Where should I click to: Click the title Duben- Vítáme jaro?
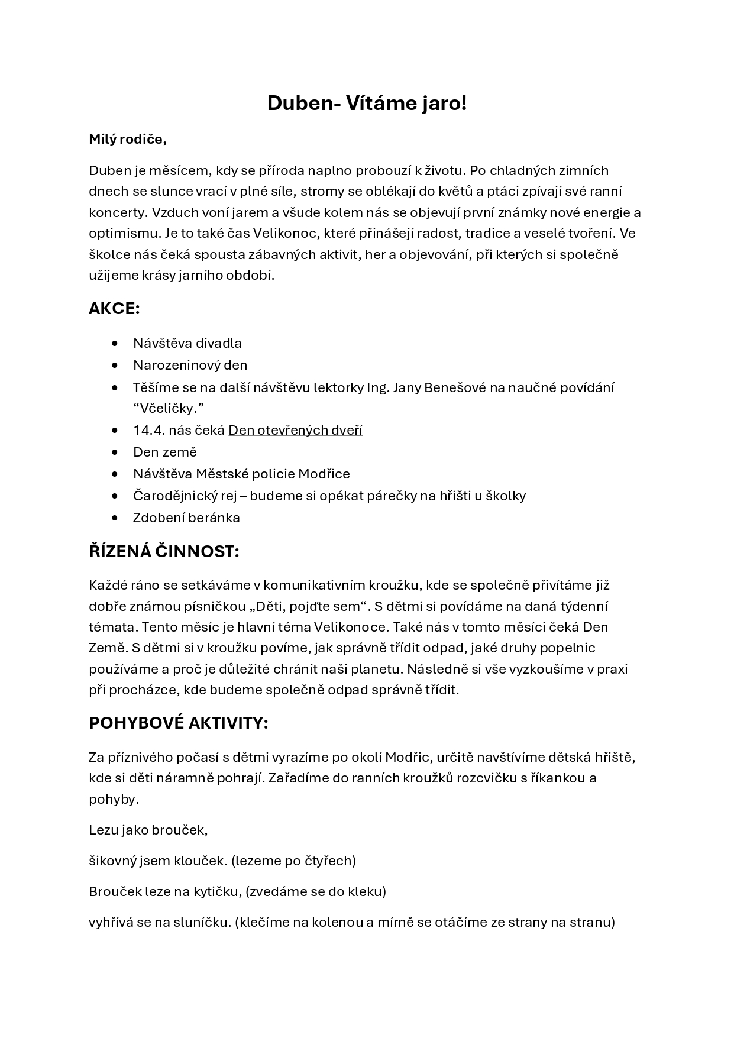pyautogui.click(x=367, y=103)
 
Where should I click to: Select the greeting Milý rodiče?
pyautogui.click(x=128, y=140)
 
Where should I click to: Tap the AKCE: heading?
pyautogui.click(x=114, y=309)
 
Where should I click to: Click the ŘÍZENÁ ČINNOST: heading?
pyautogui.click(x=164, y=551)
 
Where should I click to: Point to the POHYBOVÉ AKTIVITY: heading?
pyautogui.click(x=178, y=723)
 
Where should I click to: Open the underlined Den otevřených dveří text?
pyautogui.click(x=295, y=431)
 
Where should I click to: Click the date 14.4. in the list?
pyautogui.click(x=148, y=431)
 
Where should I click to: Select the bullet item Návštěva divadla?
pyautogui.click(x=187, y=344)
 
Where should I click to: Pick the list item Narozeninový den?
pyautogui.click(x=190, y=365)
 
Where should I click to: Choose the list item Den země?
pyautogui.click(x=164, y=452)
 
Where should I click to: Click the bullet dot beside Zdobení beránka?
pyautogui.click(x=115, y=518)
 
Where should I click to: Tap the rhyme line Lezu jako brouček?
pyautogui.click(x=148, y=830)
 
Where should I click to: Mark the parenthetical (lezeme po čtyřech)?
pyautogui.click(x=293, y=861)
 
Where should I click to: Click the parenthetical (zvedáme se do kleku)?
pyautogui.click(x=314, y=891)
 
